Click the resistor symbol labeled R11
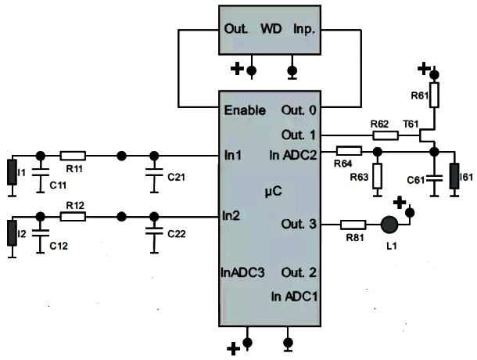click(73, 156)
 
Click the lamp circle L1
click(389, 225)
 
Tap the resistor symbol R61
click(435, 95)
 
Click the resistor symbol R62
click(386, 135)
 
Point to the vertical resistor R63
click(377, 175)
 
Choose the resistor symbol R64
click(349, 150)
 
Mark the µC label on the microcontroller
click(270, 190)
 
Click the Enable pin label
click(245, 110)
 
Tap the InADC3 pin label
click(242, 273)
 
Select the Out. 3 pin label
click(298, 225)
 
